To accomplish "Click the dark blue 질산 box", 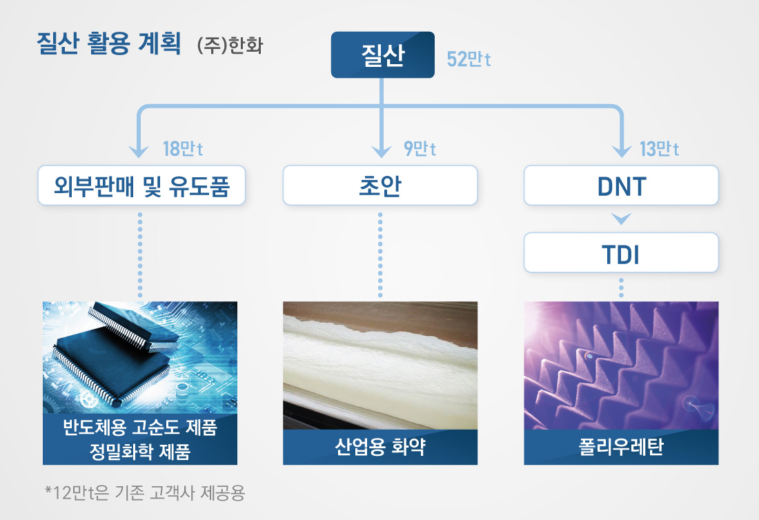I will tap(382, 54).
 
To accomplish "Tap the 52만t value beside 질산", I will tap(469, 59).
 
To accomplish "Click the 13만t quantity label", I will tap(659, 149).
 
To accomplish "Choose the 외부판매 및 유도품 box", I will tap(141, 185).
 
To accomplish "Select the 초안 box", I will tap(380, 185).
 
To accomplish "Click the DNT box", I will tap(621, 185).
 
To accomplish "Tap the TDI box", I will tap(621, 253).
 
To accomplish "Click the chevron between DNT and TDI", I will tap(621, 219).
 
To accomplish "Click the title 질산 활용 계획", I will tap(108, 47).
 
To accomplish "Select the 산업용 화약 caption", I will tap(380, 448).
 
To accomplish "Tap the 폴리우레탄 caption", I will tap(621, 448).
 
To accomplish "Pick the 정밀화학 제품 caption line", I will tap(140, 452).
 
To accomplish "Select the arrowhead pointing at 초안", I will tap(381, 151).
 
